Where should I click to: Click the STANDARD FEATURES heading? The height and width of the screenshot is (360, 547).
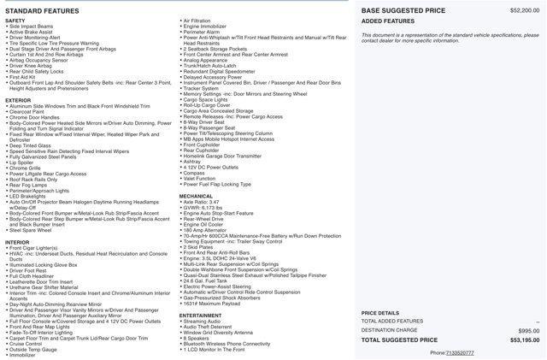[x=42, y=10]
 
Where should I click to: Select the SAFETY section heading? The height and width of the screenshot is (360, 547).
[x=15, y=21]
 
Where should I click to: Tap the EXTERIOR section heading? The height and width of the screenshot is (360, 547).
[x=18, y=100]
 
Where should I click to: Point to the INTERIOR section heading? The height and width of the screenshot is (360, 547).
[x=17, y=242]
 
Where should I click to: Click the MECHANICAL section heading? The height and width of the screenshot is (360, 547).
[x=196, y=196]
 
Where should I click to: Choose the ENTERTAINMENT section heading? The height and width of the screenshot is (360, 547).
[x=200, y=315]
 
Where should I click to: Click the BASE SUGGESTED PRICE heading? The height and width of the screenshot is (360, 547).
[x=403, y=10]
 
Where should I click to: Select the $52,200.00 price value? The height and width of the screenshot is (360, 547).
[x=524, y=10]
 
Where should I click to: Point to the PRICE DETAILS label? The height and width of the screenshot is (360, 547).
[x=379, y=313]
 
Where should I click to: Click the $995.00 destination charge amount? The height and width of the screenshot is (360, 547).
[x=528, y=330]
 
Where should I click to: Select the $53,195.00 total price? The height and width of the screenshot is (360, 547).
[x=524, y=339]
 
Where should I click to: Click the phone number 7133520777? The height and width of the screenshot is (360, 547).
[x=459, y=352]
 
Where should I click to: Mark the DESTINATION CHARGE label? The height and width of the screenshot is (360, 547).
[x=389, y=330]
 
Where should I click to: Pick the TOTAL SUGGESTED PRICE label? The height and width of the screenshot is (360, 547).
[x=399, y=339]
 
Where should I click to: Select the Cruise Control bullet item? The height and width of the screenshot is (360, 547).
[x=28, y=343]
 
